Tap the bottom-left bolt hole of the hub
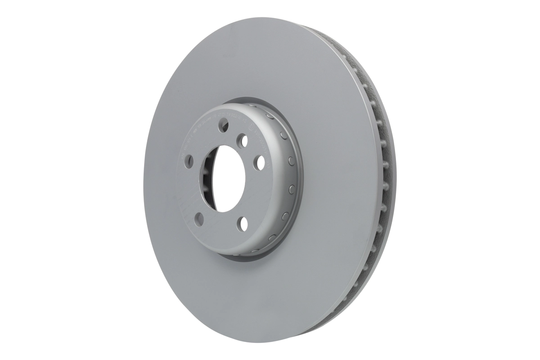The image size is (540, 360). pos(199,219)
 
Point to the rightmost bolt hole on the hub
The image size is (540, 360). pos(259,163)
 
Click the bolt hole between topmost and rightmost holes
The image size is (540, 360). pos(243,141)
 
